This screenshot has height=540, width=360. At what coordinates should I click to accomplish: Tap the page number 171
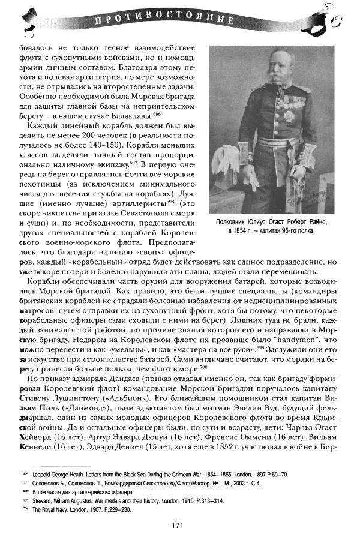click(176, 526)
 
